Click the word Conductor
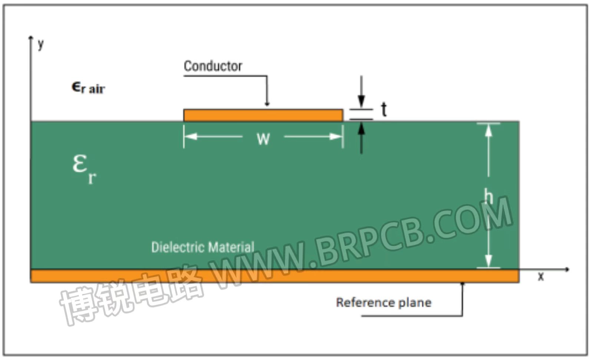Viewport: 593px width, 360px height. pyautogui.click(x=213, y=66)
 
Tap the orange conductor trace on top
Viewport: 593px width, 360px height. pyautogui.click(x=263, y=115)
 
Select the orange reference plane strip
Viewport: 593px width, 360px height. pyautogui.click(x=275, y=276)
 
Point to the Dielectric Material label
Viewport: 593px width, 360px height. pyautogui.click(x=203, y=247)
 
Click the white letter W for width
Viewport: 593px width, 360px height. pyautogui.click(x=263, y=139)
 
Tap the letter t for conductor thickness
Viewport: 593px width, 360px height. pyautogui.click(x=384, y=110)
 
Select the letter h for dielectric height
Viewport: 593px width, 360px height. pyautogui.click(x=489, y=196)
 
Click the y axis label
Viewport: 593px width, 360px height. pyautogui.click(x=41, y=44)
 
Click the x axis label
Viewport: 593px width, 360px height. pyautogui.click(x=541, y=276)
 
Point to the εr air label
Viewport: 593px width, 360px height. pyautogui.click(x=89, y=88)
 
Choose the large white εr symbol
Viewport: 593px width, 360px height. pyautogui.click(x=84, y=169)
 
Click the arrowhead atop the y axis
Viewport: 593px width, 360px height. pyautogui.click(x=31, y=38)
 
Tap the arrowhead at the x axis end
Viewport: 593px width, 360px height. pyautogui.click(x=567, y=270)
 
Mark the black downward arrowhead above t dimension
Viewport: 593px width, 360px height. pyautogui.click(x=361, y=101)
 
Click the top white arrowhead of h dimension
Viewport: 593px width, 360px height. pyautogui.click(x=488, y=130)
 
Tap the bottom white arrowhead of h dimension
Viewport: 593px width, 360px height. pyautogui.click(x=488, y=261)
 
